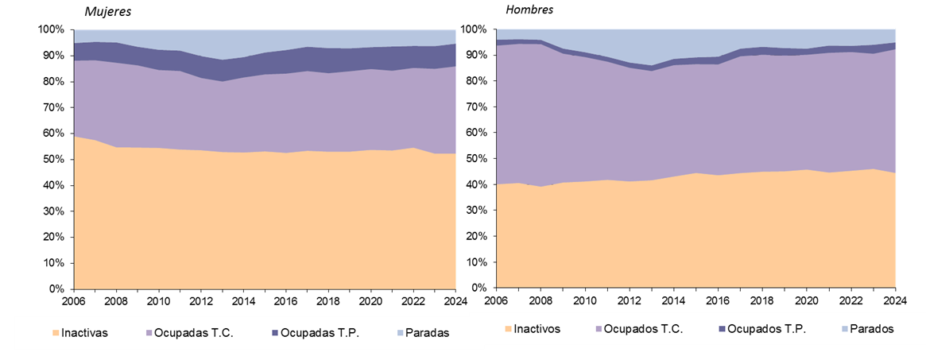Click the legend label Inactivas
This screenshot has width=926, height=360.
pyautogui.click(x=86, y=333)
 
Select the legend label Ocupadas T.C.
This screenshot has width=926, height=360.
pyautogui.click(x=194, y=333)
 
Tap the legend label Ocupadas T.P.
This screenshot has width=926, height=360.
pyautogui.click(x=320, y=333)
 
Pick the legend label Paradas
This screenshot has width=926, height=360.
pyautogui.click(x=428, y=333)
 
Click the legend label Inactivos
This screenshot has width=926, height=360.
pyautogui.click(x=537, y=328)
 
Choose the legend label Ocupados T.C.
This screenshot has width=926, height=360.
pyautogui.click(x=644, y=328)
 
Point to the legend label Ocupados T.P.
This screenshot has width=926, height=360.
pyautogui.click(x=766, y=328)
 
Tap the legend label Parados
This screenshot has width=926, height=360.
pyautogui.click(x=873, y=328)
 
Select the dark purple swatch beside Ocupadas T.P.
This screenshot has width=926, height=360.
pyautogui.click(x=274, y=334)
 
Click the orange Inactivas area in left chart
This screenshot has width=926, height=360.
pyautogui.click(x=262, y=223)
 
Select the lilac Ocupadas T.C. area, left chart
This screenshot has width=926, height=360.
pyautogui.click(x=262, y=111)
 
